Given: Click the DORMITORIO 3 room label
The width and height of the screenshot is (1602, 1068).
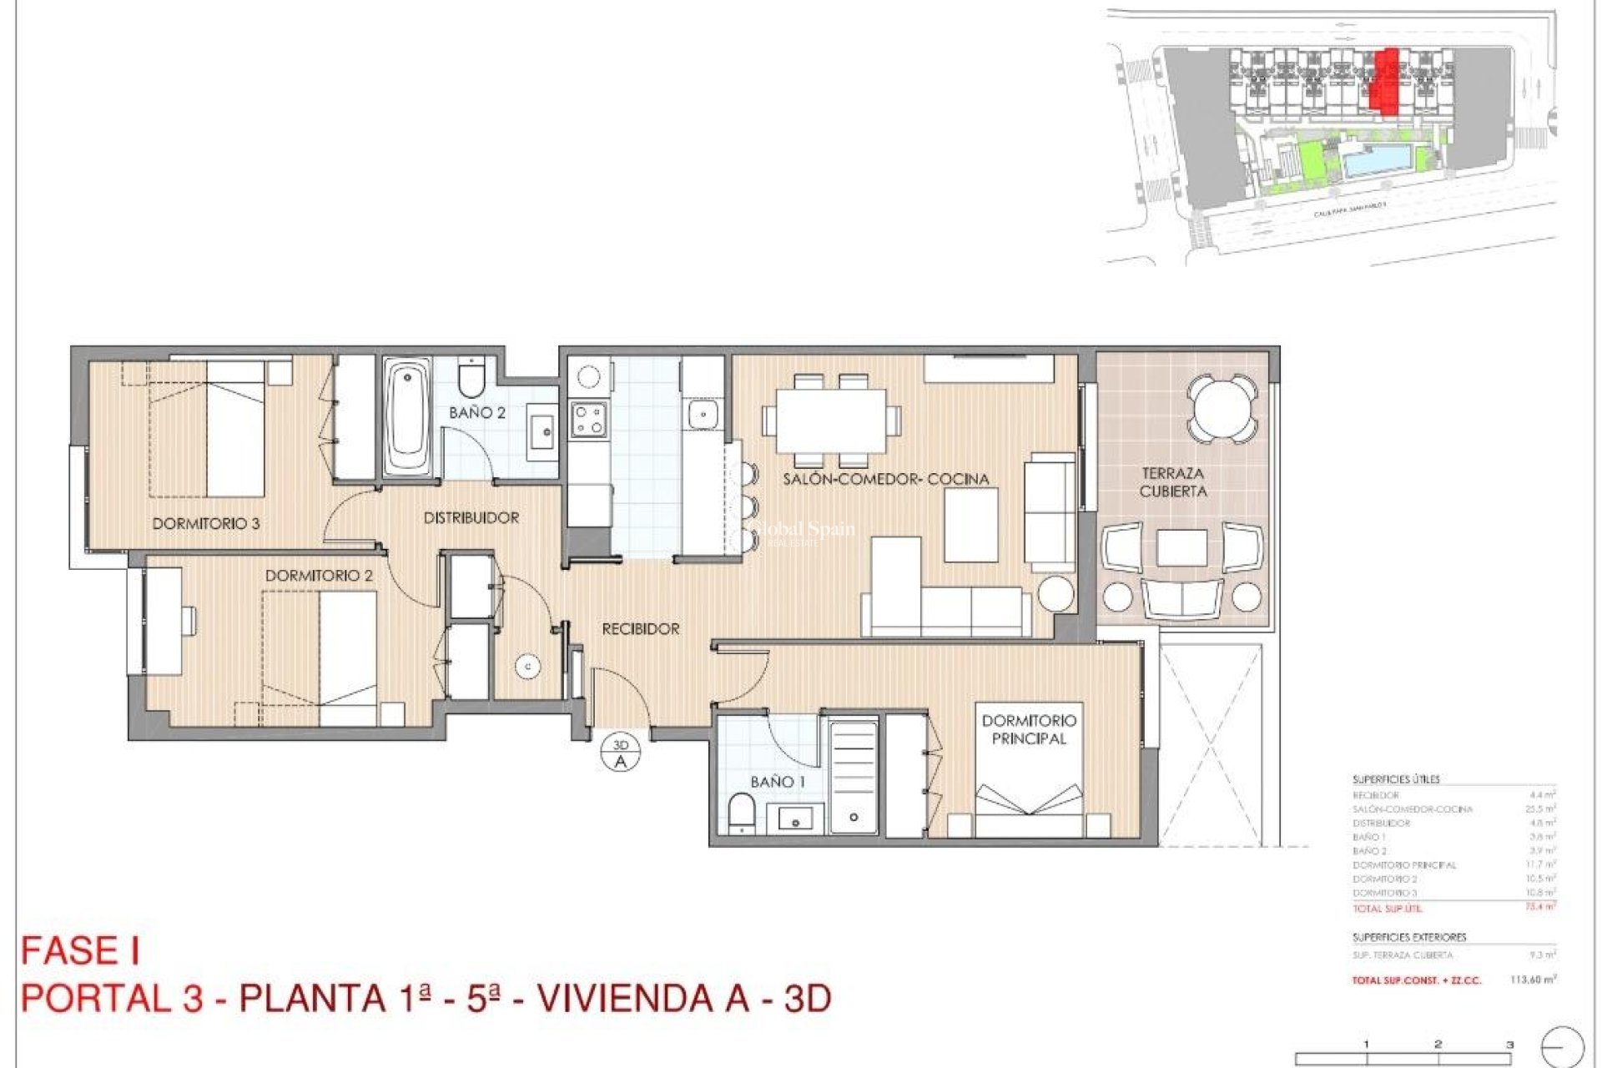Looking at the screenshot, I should coord(205,524).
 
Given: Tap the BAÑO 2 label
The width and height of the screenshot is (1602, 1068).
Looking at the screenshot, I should coord(476,413).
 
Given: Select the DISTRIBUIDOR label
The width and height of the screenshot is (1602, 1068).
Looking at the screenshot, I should coord(471,518).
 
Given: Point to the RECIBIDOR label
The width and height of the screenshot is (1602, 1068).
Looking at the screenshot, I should coord(640,629).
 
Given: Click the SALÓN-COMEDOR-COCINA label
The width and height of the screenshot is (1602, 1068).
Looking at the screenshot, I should coord(885,479).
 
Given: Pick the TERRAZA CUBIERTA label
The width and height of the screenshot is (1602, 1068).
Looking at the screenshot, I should coord(1172,482).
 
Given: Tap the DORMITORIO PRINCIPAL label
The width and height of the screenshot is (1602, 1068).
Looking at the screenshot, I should coord(1028,729).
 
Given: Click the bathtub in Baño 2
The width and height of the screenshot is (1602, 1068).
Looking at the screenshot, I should coord(407,417).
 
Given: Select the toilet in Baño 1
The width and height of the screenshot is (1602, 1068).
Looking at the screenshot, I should coord(740,812).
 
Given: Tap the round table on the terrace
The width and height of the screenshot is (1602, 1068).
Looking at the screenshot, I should coord(1222,408).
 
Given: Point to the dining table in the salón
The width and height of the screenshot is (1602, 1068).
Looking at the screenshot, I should coord(830,421).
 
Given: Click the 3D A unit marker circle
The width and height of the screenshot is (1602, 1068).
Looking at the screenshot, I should coord(620,753).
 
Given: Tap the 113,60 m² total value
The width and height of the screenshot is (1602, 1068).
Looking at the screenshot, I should coord(1532,980).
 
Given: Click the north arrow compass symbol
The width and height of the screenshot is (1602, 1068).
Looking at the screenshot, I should coord(1562,1046).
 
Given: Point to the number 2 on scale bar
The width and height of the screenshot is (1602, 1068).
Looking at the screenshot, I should coord(1438,1044).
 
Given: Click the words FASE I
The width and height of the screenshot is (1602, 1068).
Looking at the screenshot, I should coord(80,951).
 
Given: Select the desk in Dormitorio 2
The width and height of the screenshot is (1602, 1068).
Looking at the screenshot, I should coord(164,621).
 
